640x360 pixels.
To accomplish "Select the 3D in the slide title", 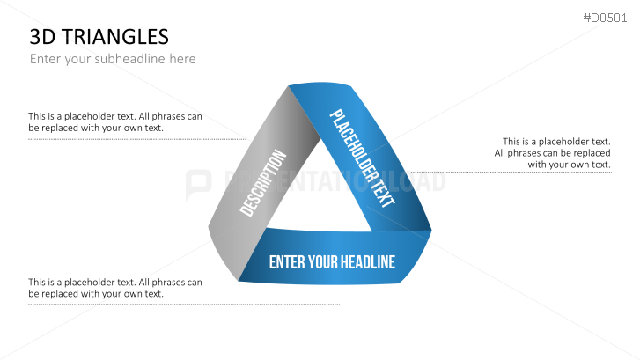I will coord(41,37).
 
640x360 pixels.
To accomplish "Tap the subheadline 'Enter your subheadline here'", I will coord(113,59).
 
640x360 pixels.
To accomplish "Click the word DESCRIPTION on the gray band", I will coord(263,184).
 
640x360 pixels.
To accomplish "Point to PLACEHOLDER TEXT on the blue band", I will coord(362,158).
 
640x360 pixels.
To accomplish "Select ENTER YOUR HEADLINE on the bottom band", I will coord(332,262).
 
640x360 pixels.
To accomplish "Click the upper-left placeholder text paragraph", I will coord(115,122).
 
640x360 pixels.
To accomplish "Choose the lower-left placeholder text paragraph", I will coord(115,288).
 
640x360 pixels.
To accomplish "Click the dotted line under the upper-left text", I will coord(136,139).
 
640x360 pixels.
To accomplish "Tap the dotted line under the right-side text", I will coord(511,173).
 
